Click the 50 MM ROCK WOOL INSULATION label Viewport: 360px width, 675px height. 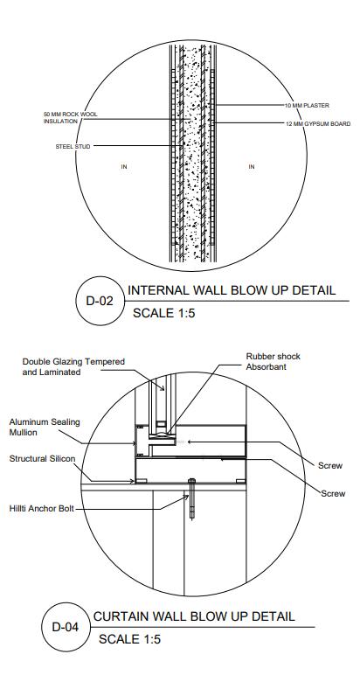(71, 118)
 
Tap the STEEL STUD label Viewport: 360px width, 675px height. (73, 147)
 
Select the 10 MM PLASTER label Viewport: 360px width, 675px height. (307, 106)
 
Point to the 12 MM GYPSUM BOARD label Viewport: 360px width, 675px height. (318, 124)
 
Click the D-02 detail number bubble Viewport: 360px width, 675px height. (100, 301)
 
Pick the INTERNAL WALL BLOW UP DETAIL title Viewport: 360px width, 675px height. (232, 290)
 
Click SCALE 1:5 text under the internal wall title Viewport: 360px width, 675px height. (164, 313)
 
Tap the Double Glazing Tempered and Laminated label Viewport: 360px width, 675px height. (73, 366)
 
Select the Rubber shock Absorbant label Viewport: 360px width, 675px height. (273, 362)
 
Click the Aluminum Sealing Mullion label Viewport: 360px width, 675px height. (45, 427)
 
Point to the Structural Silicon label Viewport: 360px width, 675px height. (42, 459)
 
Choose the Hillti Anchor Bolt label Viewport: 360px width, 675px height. (42, 509)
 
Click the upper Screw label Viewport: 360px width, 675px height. (330, 466)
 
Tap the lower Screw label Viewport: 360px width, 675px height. (333, 494)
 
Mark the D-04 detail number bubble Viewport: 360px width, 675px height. (66, 627)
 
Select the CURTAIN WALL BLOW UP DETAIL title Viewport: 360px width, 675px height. (194, 616)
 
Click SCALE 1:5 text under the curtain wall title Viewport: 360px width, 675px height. (129, 639)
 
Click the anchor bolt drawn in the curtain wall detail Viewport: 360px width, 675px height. (192, 498)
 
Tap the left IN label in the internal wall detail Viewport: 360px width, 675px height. (124, 167)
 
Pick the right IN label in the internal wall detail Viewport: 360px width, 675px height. (252, 167)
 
